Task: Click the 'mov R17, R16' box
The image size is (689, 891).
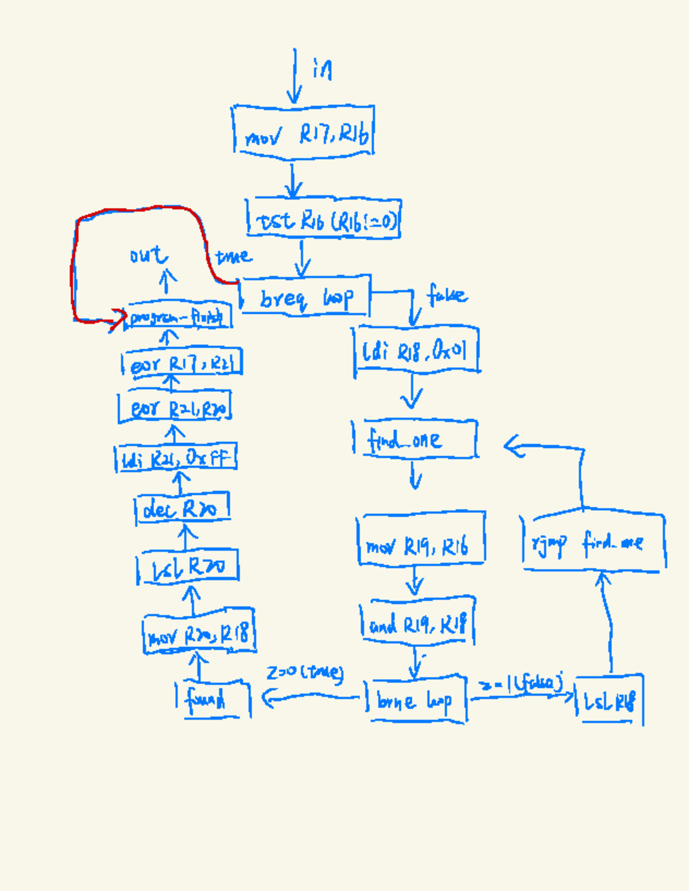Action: [x=304, y=132]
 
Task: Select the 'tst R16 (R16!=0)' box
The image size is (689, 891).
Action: [x=323, y=218]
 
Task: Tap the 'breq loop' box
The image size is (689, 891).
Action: [x=305, y=296]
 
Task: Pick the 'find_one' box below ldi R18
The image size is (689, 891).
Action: [x=415, y=439]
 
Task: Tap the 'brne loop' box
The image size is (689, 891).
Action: [x=416, y=700]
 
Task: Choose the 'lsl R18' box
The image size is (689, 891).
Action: [x=609, y=700]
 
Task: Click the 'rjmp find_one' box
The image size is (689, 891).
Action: [x=594, y=541]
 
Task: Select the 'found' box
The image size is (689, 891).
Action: [x=213, y=699]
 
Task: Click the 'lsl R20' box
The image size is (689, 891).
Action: [x=188, y=566]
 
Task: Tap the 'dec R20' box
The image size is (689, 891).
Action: [x=183, y=508]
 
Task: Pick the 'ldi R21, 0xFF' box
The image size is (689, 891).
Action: [x=176, y=458]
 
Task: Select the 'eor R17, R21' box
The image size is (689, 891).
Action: [x=182, y=364]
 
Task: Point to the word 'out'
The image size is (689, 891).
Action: [x=148, y=254]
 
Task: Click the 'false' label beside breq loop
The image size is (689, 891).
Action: [x=447, y=295]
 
